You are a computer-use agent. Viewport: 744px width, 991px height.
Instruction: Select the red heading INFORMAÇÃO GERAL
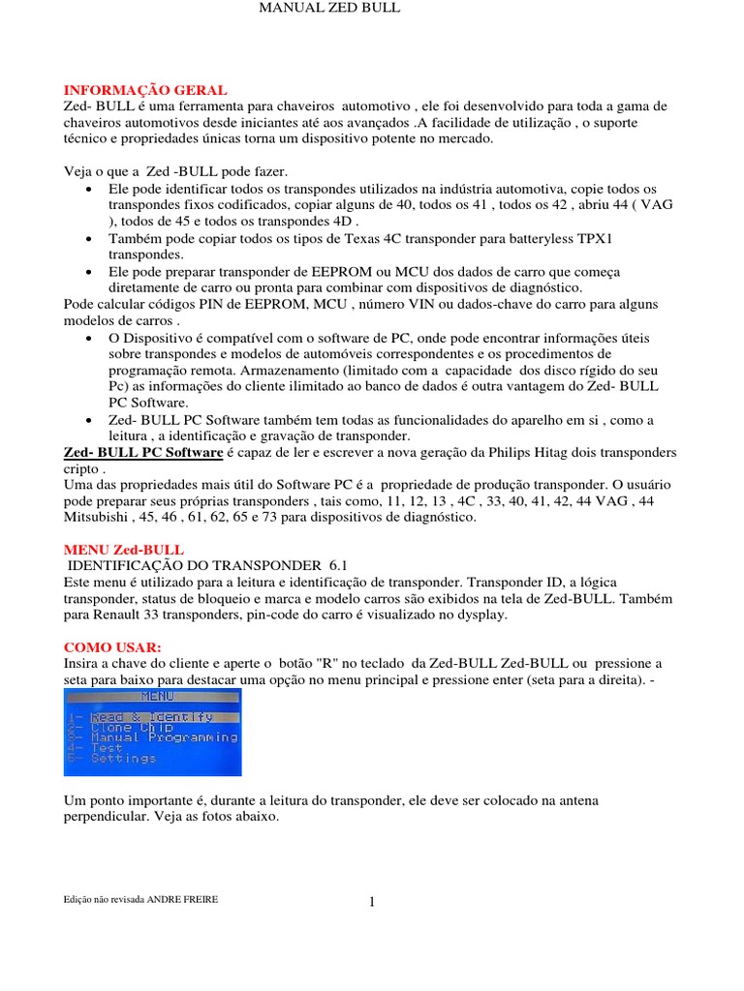click(145, 89)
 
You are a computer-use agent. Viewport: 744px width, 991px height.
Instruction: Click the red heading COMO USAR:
click(113, 646)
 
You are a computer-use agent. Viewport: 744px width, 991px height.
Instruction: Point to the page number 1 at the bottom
click(372, 903)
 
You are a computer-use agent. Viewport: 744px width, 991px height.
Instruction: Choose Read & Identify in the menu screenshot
click(151, 717)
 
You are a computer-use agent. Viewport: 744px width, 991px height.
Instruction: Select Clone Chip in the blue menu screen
click(132, 728)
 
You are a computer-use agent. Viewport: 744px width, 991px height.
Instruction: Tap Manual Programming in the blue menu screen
click(164, 737)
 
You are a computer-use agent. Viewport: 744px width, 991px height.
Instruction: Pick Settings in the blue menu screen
click(123, 759)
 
